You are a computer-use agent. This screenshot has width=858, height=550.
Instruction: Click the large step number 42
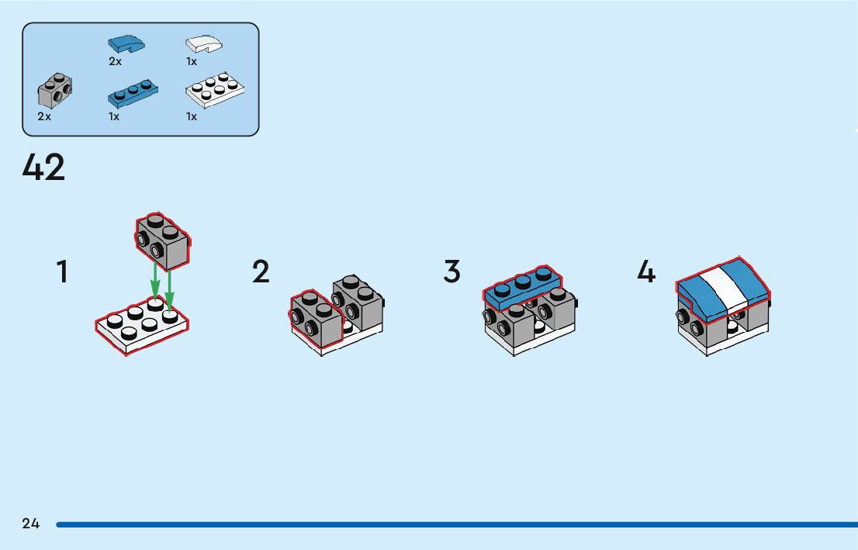[x=44, y=168]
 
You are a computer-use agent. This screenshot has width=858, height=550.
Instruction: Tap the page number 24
[x=31, y=524]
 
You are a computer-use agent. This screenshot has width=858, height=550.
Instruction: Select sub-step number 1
[x=62, y=272]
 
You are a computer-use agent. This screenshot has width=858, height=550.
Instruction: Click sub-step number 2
[x=261, y=272]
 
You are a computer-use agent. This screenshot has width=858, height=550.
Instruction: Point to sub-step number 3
[x=452, y=272]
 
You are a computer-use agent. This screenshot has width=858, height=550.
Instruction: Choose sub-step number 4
[x=646, y=272]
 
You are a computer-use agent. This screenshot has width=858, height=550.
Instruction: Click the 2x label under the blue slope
[x=116, y=61]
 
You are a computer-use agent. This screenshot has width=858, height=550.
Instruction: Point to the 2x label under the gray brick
[x=44, y=116]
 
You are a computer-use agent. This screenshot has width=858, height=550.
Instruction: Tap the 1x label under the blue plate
[x=114, y=116]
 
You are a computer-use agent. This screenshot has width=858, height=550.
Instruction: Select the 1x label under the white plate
[x=192, y=116]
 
